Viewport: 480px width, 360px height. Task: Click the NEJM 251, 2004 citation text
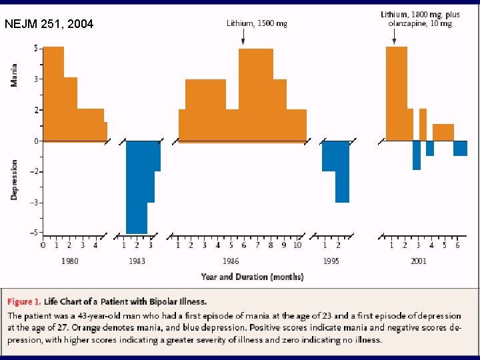[x=49, y=25]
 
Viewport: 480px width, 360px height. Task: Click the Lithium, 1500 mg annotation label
[x=257, y=23]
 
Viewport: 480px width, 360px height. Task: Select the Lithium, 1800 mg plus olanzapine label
[x=419, y=19]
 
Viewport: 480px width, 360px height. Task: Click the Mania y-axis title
[x=14, y=74]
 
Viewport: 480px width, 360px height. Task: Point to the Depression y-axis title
[x=14, y=179]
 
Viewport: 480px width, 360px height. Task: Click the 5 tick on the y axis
[x=35, y=49]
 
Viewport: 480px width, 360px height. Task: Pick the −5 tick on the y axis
[x=33, y=233]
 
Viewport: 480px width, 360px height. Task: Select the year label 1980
[x=69, y=261]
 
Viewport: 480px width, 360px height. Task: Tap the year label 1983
[x=137, y=261]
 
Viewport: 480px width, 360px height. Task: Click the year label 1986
[x=231, y=261]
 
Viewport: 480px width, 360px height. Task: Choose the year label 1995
[x=331, y=261]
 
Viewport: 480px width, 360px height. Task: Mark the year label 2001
[x=418, y=261]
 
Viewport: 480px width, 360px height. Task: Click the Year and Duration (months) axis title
[x=253, y=277]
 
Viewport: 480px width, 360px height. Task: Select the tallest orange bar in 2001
[x=397, y=93]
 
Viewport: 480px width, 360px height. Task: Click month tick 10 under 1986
[x=297, y=245]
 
